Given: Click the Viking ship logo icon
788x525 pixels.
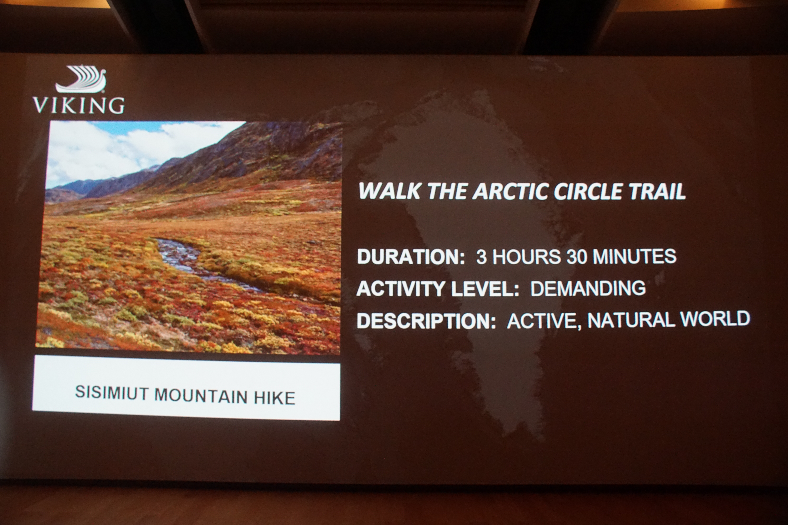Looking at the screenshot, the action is [81, 79].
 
